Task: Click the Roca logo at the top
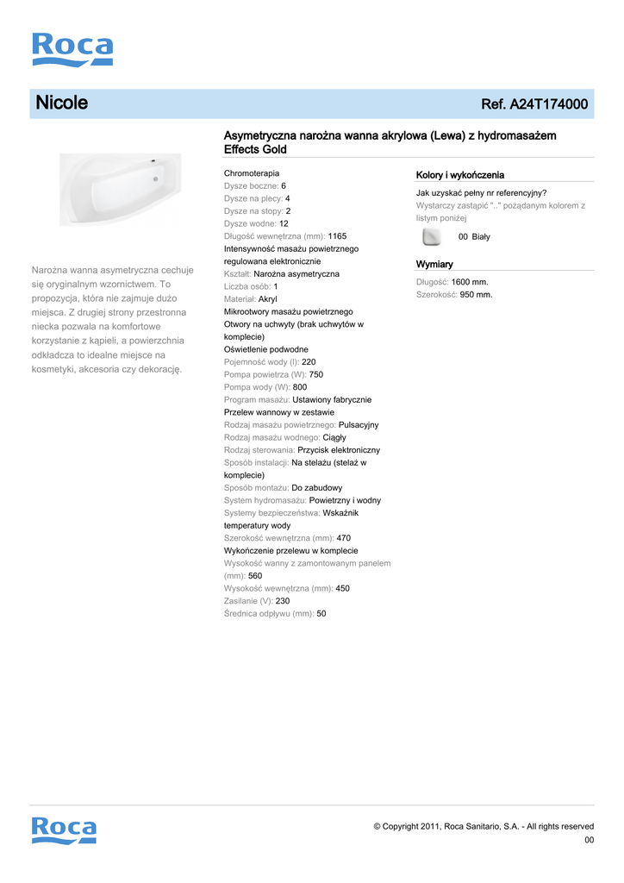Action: point(72,50)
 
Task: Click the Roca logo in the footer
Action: point(64,830)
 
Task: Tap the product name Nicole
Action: point(61,103)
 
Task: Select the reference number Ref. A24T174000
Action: point(534,104)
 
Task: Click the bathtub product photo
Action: point(121,189)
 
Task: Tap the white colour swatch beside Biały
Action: point(433,236)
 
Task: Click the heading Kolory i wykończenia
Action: point(460,175)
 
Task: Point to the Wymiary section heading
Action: point(434,264)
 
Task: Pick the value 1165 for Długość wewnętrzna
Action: point(338,236)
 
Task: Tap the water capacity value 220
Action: point(309,362)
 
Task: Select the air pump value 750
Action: point(316,375)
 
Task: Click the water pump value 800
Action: point(300,387)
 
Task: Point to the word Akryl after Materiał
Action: point(268,299)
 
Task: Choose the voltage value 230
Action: point(283,601)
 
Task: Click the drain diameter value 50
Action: point(321,614)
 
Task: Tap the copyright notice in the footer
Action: point(484,826)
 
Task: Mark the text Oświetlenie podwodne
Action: point(266,349)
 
